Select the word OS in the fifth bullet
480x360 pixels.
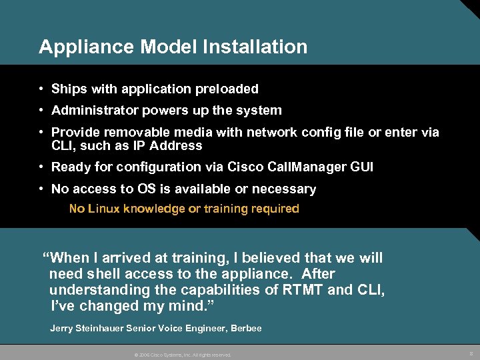pos(144,189)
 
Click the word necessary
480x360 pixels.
pos(287,189)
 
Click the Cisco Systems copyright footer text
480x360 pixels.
pos(183,355)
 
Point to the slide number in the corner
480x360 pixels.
pos(471,353)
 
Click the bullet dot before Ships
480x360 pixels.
pos(41,89)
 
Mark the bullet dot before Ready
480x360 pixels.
pos(41,167)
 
